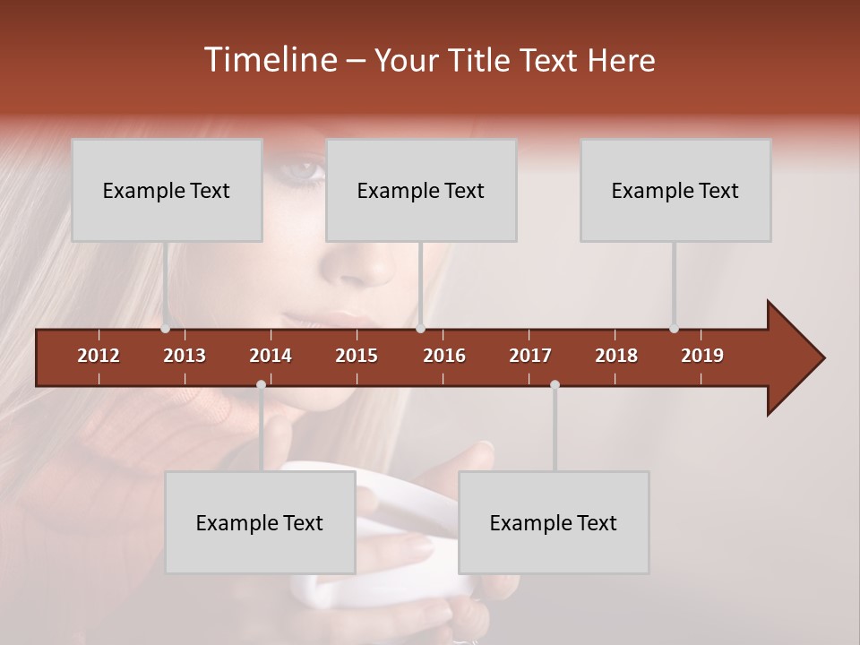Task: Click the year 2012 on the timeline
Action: [x=99, y=356]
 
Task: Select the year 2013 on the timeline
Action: [x=185, y=356]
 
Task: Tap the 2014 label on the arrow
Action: [x=271, y=356]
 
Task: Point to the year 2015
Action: [x=357, y=356]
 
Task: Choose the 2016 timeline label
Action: [x=444, y=356]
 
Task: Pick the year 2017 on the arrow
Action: [x=530, y=356]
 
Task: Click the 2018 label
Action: [x=616, y=356]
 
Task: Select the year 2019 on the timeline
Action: [x=702, y=356]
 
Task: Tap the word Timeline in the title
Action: [x=269, y=60]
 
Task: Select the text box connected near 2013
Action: [x=167, y=190]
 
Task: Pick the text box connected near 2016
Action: [x=421, y=190]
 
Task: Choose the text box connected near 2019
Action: [x=675, y=190]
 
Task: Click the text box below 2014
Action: [x=260, y=522]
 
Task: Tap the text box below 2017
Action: [x=554, y=522]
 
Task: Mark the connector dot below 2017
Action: [x=555, y=384]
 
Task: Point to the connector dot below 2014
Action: [x=261, y=384]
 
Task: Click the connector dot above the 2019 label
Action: [x=674, y=329]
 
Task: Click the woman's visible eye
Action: [x=304, y=168]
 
